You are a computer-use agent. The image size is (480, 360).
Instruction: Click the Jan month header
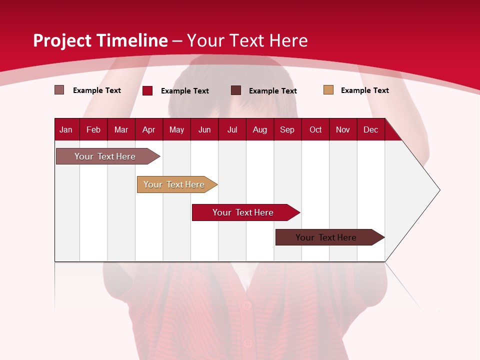pos(66,129)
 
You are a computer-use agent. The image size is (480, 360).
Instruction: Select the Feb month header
pos(93,129)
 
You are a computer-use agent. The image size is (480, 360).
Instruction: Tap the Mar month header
pos(121,129)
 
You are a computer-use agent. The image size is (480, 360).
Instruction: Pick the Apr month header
pos(149,129)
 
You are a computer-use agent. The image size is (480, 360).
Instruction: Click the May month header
pos(176,129)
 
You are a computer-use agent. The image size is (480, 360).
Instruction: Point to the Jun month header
pos(204,129)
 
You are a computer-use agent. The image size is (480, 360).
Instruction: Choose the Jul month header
pos(232,129)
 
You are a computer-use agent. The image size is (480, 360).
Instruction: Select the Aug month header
pos(260,129)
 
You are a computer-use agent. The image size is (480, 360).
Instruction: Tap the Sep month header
pos(287,129)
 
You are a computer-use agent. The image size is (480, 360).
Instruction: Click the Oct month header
pos(315,129)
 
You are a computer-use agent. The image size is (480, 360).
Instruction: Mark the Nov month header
pos(343,129)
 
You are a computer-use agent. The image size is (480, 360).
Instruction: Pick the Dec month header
pos(371,129)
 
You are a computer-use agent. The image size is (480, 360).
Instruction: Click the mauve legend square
pos(59,90)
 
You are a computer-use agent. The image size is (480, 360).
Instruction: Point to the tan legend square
pos(328,90)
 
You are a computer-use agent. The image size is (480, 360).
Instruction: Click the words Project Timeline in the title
pos(100,40)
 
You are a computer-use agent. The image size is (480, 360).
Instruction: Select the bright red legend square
pos(147,90)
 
